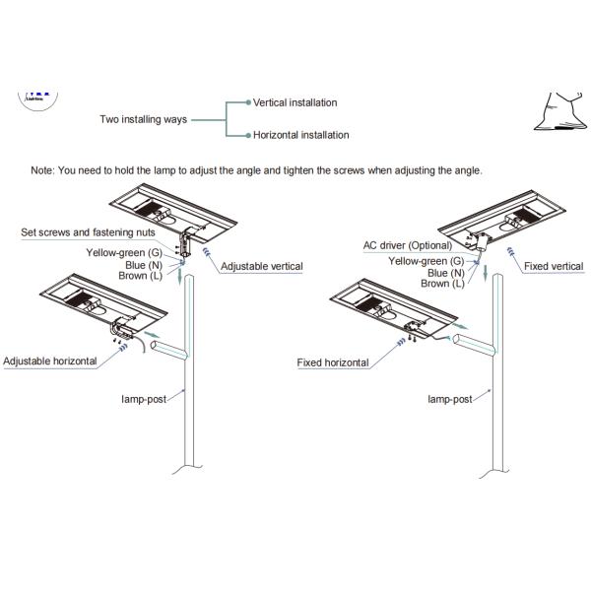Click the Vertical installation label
tap(295, 102)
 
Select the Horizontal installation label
tap(300, 135)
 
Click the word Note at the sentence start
tap(43, 170)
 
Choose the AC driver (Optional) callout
tap(406, 244)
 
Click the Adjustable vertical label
tap(261, 266)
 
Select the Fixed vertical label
tap(553, 266)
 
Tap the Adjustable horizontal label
tap(50, 361)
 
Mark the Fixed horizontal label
tap(333, 362)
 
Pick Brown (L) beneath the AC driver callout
tap(442, 284)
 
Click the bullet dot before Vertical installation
tap(249, 102)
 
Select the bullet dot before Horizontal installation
tap(249, 135)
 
